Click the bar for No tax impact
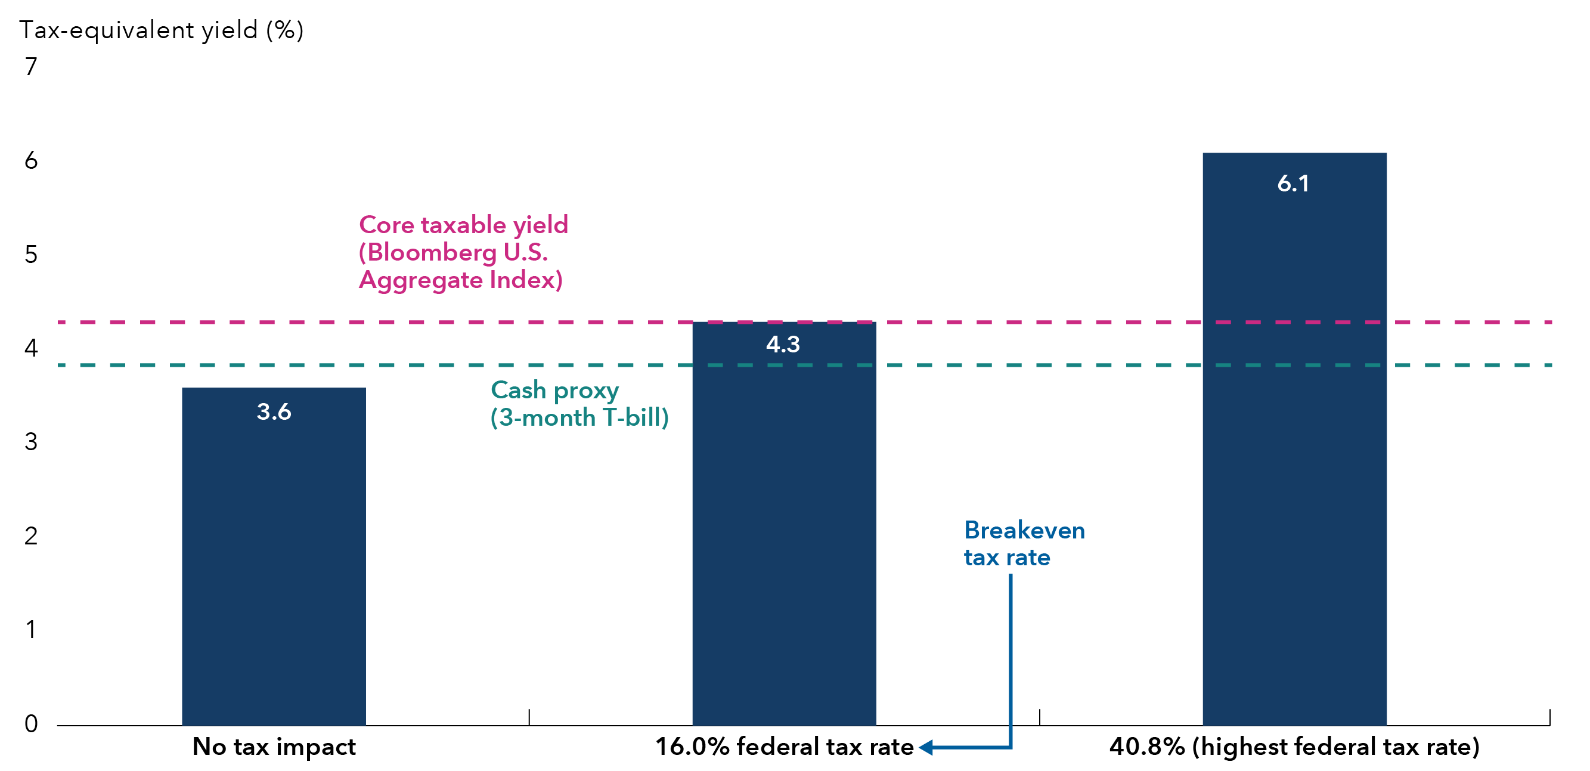click(274, 556)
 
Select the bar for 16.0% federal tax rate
click(784, 525)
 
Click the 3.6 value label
click(274, 411)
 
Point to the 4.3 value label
click(783, 345)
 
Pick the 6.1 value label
click(1293, 183)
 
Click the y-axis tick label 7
click(31, 67)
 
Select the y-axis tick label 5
click(31, 255)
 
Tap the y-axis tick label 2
click(31, 536)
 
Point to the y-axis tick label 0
click(31, 723)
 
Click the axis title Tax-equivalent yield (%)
click(162, 30)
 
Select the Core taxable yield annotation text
click(463, 252)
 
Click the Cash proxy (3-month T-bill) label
click(579, 404)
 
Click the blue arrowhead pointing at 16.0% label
click(926, 748)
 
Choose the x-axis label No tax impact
click(274, 747)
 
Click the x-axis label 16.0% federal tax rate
click(784, 747)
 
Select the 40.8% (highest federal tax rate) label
click(1294, 747)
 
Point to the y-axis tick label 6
click(31, 160)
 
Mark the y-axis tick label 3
click(31, 442)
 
